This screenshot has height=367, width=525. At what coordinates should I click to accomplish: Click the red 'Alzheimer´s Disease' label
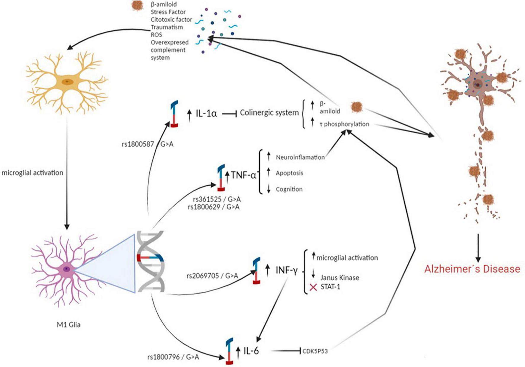[x=472, y=269]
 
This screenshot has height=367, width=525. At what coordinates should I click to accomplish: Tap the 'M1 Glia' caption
[x=68, y=325]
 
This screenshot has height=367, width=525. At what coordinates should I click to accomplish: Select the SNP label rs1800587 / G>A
[x=147, y=144]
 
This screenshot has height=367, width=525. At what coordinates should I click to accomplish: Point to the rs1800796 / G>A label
[x=173, y=357]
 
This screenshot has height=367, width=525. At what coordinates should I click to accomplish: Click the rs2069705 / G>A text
[x=212, y=276]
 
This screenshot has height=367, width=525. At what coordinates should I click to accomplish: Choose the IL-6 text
[x=251, y=351]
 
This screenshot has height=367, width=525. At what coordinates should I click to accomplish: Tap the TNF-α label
[x=243, y=175]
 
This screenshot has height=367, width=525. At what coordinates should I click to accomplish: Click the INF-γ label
[x=286, y=270]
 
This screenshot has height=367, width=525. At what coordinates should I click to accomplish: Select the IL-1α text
[x=206, y=113]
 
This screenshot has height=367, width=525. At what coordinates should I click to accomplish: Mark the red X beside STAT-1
[x=313, y=287]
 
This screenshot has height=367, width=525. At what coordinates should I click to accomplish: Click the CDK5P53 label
[x=315, y=351]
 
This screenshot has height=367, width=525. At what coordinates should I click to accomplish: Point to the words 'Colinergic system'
[x=269, y=113]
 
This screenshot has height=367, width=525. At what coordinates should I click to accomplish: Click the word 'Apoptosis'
[x=289, y=173]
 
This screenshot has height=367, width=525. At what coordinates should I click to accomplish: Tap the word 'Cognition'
[x=289, y=189]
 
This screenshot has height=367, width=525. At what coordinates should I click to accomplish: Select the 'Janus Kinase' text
[x=340, y=278]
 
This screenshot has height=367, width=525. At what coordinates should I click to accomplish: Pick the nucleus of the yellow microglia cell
[x=67, y=81]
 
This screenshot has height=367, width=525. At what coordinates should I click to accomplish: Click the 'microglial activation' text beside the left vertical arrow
[x=32, y=172]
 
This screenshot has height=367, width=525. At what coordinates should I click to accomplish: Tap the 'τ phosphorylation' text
[x=344, y=124]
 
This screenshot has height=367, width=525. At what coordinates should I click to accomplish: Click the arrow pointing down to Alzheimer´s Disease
[x=478, y=247]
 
